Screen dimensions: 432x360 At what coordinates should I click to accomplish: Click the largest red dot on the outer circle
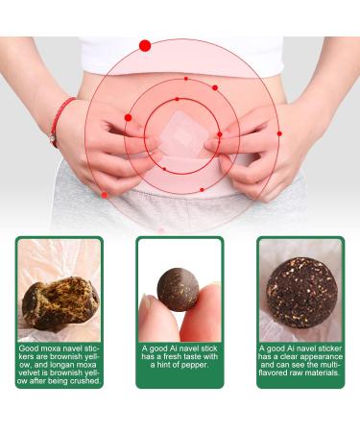(x=145, y=45)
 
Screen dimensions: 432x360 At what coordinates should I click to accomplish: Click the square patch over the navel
(x=182, y=132)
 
